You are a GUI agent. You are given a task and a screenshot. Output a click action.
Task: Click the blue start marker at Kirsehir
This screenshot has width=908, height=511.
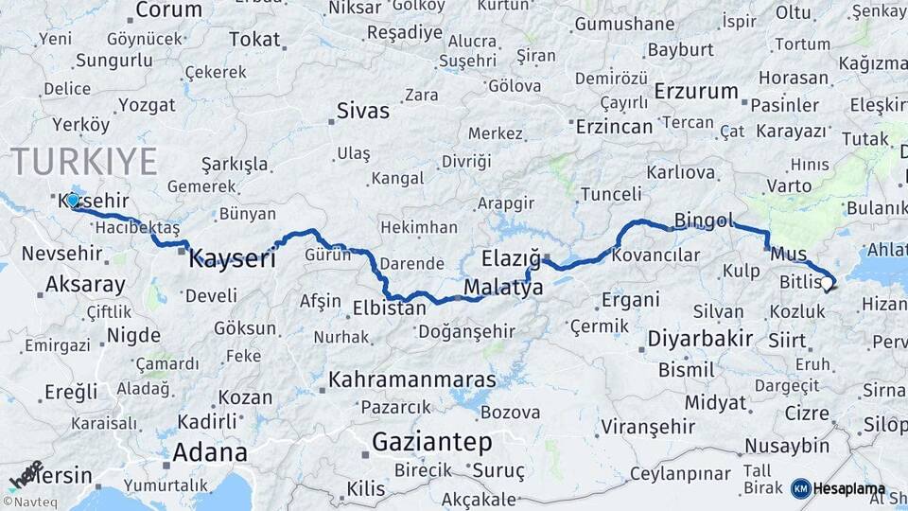point(73,201)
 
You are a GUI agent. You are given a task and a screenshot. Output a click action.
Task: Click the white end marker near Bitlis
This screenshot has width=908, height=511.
point(827,282)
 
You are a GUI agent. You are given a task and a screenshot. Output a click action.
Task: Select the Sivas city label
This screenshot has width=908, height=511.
point(363,111)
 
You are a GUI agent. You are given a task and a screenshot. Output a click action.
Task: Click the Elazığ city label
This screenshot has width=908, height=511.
point(511,257)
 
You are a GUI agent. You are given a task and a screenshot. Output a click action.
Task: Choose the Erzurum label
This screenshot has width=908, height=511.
point(696,92)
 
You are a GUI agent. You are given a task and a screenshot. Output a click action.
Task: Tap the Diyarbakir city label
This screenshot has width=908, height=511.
point(700,338)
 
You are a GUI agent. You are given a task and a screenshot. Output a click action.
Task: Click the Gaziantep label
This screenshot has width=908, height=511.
point(432,442)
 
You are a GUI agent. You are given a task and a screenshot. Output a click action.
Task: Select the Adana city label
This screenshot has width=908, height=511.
point(210,451)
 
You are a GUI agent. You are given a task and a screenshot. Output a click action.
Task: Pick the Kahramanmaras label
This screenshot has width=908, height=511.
point(412,379)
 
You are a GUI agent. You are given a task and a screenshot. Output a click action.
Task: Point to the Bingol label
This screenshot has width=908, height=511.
point(704,221)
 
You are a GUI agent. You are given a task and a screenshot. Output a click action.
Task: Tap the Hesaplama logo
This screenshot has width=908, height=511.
point(838,489)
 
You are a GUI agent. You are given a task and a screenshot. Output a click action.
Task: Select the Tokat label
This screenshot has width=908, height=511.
point(255,40)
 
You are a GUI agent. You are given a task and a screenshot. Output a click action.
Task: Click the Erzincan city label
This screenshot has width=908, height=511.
point(615,126)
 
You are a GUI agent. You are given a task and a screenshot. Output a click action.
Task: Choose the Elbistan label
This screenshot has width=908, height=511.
point(389,308)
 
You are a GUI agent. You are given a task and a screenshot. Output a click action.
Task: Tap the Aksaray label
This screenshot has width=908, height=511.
point(85,283)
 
